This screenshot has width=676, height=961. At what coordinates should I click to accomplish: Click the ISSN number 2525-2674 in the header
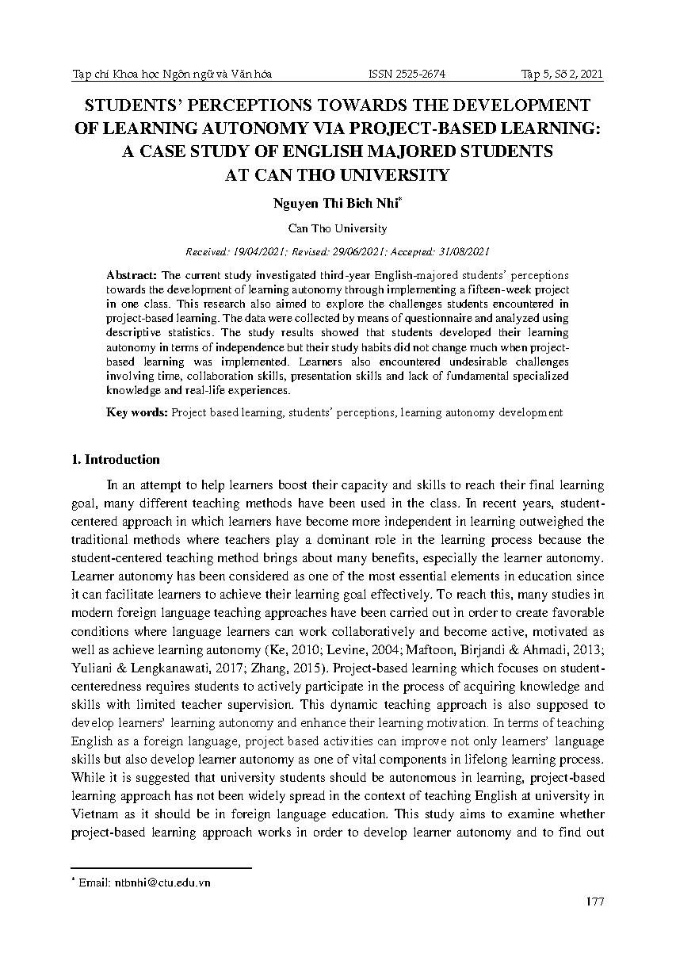tap(407, 74)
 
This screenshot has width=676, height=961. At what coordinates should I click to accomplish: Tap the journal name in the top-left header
tap(172, 74)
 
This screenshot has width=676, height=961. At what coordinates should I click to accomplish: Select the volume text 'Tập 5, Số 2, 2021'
tap(562, 74)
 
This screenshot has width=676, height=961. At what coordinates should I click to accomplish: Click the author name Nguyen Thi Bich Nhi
tap(335, 203)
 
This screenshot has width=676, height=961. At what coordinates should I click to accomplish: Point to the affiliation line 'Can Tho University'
tap(338, 228)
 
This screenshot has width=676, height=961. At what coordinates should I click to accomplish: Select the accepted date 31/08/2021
tap(462, 251)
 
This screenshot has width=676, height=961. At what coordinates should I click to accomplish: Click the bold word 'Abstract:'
tap(132, 274)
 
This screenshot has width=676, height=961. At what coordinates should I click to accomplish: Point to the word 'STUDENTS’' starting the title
tap(140, 106)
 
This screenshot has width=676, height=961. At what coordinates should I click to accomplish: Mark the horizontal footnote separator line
tap(162, 868)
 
